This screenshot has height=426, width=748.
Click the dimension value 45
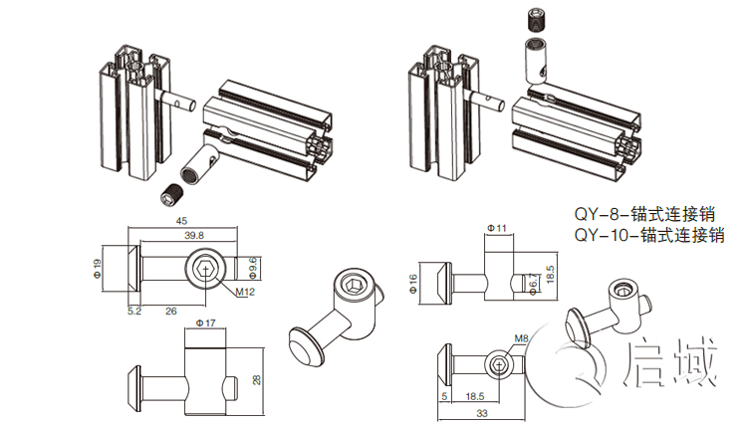tap(182, 221)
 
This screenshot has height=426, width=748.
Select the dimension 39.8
tap(193, 235)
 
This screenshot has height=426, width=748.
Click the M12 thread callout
tap(248, 292)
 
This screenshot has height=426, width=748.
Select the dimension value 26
tap(170, 311)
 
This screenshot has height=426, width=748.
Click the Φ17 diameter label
tap(207, 323)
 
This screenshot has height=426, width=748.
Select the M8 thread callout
tap(521, 339)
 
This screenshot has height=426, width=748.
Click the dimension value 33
tap(481, 413)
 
